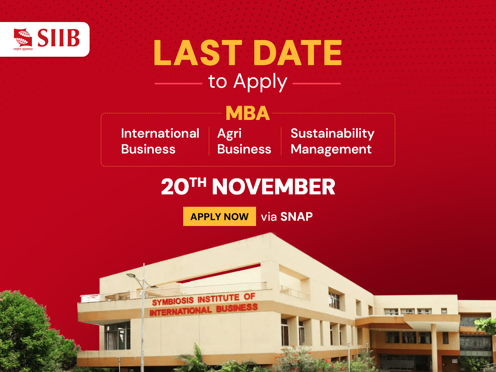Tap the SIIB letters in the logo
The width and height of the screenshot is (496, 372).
pyautogui.click(x=59, y=38)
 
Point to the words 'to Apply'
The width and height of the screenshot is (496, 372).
pyautogui.click(x=248, y=82)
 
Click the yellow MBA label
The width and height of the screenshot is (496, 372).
pyautogui.click(x=248, y=113)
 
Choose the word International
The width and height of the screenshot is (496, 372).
pyautogui.click(x=160, y=133)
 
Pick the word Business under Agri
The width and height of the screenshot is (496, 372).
pyautogui.click(x=244, y=149)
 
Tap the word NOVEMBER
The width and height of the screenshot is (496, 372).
pyautogui.click(x=273, y=187)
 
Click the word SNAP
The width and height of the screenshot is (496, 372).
pyautogui.click(x=296, y=217)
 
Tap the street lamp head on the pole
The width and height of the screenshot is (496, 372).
pyautogui.click(x=131, y=275)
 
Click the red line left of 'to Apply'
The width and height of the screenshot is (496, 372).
pyautogui.click(x=178, y=83)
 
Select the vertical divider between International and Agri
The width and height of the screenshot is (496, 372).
pyautogui.click(x=209, y=141)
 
